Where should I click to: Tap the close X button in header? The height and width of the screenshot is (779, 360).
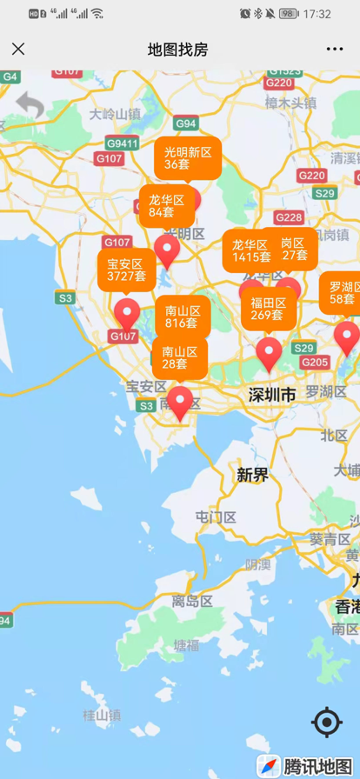click(x=18, y=50)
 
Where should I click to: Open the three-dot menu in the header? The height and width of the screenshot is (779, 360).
click(x=335, y=50)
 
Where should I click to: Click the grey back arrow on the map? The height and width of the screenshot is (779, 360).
click(x=30, y=106)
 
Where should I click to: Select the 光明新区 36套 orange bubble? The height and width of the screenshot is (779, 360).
click(x=188, y=157)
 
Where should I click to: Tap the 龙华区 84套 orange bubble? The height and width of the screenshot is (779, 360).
click(x=166, y=205)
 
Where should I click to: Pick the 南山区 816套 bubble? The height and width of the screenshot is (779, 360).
click(x=182, y=316)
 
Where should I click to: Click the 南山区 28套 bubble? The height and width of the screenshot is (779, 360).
click(x=180, y=357)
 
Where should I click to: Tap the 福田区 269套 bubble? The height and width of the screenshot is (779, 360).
click(x=268, y=309)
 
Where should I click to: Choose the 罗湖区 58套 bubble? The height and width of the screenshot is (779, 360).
click(x=341, y=293)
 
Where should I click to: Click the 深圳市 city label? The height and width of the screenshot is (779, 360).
click(x=272, y=395)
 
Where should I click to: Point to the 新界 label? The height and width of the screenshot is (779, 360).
click(x=252, y=475)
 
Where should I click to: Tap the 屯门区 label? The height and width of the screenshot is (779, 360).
click(x=216, y=517)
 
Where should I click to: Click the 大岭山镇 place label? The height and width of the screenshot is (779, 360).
click(x=115, y=114)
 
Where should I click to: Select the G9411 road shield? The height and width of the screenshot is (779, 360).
click(x=122, y=143)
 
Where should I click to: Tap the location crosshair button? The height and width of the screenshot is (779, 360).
click(x=327, y=722)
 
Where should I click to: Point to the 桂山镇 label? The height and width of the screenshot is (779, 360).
click(x=102, y=716)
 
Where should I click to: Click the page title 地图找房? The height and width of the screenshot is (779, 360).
click(x=178, y=50)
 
